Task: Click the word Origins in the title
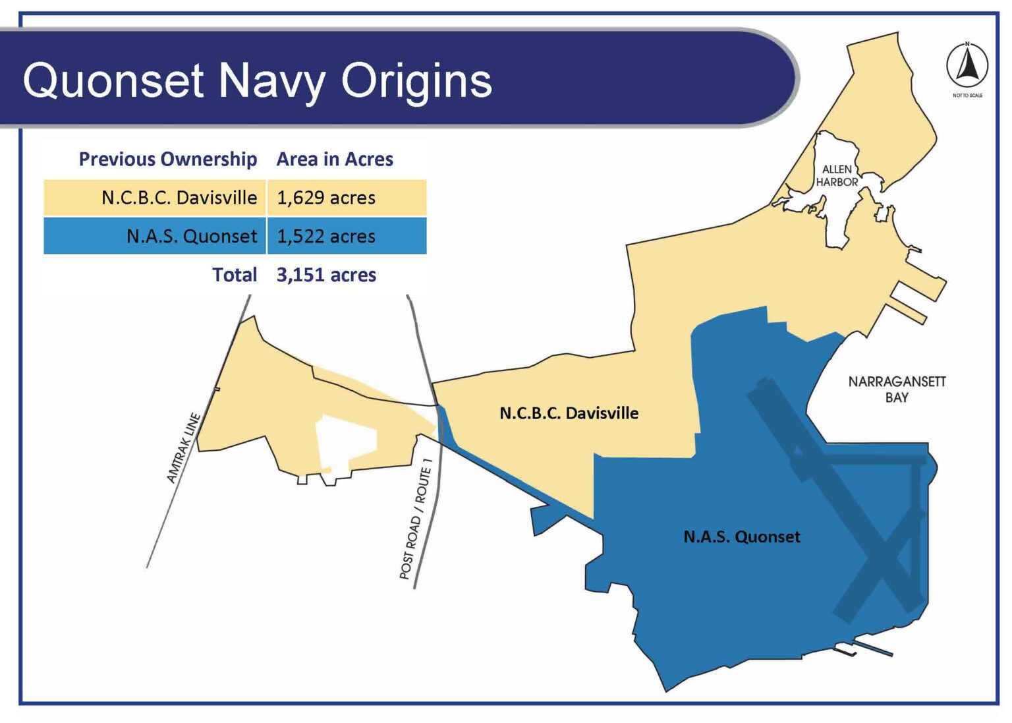click(x=416, y=81)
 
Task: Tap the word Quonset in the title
click(x=113, y=81)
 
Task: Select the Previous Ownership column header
click(x=167, y=159)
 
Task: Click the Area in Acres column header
click(x=334, y=159)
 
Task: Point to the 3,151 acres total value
click(x=326, y=275)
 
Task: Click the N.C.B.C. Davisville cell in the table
click(x=179, y=198)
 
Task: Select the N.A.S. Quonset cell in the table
click(x=191, y=236)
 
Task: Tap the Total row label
click(x=234, y=275)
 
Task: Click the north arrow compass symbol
click(x=967, y=65)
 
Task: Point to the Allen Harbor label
click(x=837, y=175)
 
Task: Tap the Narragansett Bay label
click(x=896, y=390)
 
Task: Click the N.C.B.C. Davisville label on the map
click(x=569, y=413)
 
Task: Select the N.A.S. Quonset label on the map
click(x=741, y=536)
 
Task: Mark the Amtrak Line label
click(x=183, y=448)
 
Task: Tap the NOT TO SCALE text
click(x=967, y=96)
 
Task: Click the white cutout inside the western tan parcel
click(x=345, y=442)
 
